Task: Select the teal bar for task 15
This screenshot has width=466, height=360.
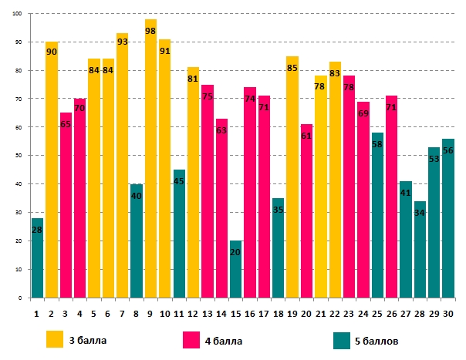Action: pos(235,270)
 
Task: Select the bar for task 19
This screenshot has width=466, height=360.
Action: pos(292,177)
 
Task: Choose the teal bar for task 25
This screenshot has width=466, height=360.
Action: pos(377,216)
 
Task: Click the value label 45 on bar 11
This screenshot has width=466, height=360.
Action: pos(179,182)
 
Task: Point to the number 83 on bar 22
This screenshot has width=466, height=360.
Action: pos(335,74)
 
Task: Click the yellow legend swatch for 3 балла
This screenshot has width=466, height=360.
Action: pos(55,339)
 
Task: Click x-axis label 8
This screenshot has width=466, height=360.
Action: pos(136,313)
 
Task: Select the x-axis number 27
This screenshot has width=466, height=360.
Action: pos(406,313)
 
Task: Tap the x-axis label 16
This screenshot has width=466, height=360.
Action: pos(249,313)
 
